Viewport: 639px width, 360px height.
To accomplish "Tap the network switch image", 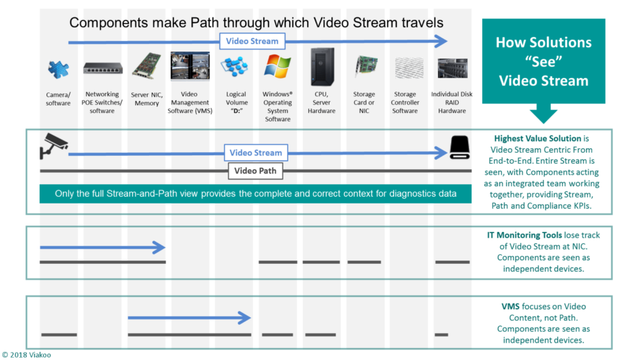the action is point(103,68).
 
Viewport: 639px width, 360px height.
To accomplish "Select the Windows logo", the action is point(277,66).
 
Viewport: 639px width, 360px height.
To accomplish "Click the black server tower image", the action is point(322,66).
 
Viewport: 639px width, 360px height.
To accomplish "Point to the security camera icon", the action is point(53,145).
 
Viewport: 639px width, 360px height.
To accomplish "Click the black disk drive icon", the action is point(460,147).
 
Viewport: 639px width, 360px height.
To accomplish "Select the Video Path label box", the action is point(255,171).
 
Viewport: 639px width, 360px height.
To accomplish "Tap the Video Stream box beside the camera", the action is point(256,153).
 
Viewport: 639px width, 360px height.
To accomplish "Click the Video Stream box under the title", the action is point(252,41).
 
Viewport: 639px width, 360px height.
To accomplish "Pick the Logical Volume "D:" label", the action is point(236,102).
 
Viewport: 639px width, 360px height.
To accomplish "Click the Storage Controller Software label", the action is point(404,102).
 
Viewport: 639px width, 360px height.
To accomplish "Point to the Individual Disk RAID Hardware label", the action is point(452,102).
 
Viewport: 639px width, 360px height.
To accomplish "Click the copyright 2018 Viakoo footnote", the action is point(27,354).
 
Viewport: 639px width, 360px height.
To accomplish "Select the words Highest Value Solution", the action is point(537,138).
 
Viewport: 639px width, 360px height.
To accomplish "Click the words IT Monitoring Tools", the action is point(524,235).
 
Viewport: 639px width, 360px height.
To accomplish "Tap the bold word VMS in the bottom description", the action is point(510,307).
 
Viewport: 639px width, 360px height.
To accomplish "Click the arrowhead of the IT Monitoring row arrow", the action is point(159,248).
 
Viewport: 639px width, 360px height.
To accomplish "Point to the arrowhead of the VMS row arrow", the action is point(245,318).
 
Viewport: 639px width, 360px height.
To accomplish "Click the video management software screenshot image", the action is point(190,66).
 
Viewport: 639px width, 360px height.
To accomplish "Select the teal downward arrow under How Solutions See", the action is point(543,114).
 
